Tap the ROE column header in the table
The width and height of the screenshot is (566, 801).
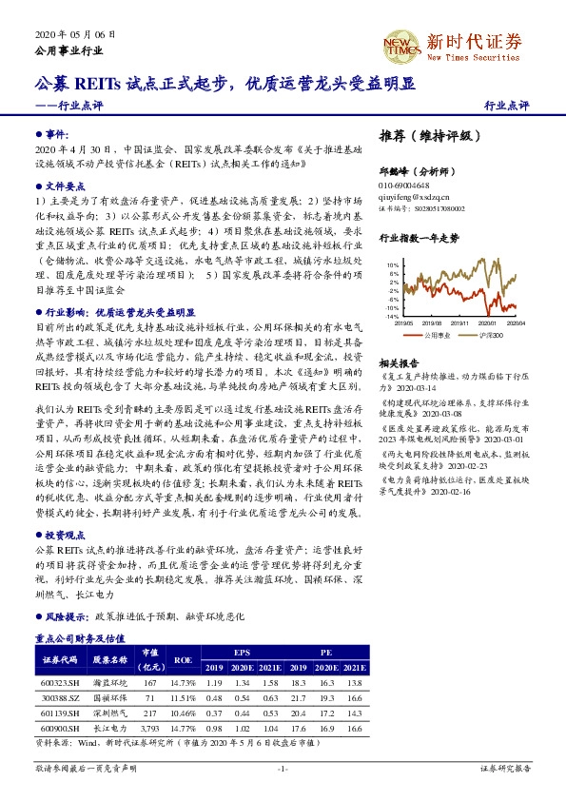click(182, 658)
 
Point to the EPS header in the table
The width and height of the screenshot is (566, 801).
click(242, 652)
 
